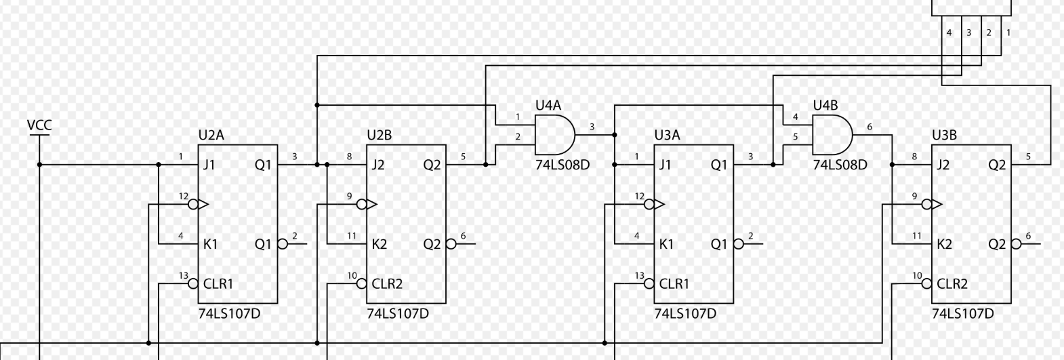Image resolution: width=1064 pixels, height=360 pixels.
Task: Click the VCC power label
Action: tap(39, 125)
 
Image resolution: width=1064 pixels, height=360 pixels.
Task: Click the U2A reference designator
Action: tap(211, 135)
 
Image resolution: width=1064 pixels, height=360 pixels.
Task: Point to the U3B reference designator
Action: tap(944, 135)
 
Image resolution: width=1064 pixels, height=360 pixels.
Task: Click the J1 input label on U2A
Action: tap(209, 165)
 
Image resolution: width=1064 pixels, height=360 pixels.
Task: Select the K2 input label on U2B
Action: tap(379, 244)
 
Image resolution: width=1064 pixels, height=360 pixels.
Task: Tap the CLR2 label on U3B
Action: tap(952, 284)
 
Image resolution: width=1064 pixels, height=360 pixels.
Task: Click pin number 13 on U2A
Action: tap(183, 276)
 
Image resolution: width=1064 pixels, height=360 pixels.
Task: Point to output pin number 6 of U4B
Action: tap(869, 127)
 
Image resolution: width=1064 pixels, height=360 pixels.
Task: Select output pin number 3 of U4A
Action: tap(592, 127)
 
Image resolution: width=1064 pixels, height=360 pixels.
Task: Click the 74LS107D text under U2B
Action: tap(398, 314)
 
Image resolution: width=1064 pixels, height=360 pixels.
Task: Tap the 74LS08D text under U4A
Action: tap(562, 165)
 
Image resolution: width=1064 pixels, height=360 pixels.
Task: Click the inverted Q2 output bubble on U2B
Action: tap(451, 244)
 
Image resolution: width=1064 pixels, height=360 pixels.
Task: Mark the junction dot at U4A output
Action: tap(615, 135)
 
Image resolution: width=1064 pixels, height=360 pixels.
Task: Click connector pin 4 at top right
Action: tap(949, 33)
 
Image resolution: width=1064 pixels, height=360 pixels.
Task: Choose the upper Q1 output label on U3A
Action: tap(718, 165)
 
